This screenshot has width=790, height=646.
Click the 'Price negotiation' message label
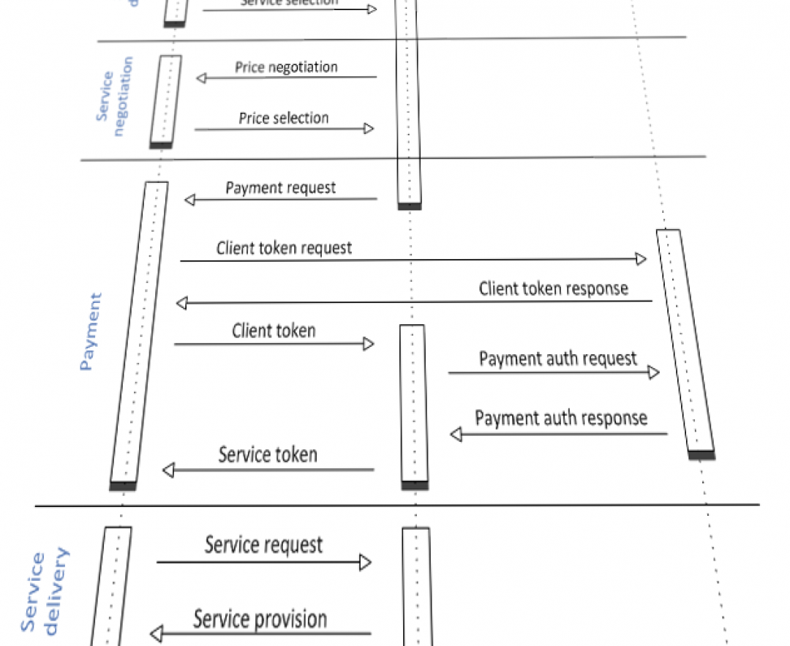pos(286,67)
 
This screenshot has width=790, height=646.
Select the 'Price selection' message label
pos(283,118)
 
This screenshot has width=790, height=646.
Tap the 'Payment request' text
pos(280,188)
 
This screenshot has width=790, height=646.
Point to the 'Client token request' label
pos(284,248)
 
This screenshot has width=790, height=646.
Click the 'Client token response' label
pos(553,288)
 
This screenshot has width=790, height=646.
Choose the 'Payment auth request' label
pos(557,358)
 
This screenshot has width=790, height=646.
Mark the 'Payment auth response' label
pos(561,418)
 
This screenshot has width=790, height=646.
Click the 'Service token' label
pos(268,455)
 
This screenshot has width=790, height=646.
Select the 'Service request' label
pos(263,545)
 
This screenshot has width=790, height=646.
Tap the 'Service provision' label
pos(260,620)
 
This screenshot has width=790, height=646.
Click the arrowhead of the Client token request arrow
pos(641,259)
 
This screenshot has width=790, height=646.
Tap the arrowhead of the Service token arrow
pos(168,470)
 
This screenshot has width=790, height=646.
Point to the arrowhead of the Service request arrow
pos(365,563)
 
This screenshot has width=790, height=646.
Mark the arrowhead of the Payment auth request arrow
pos(653,373)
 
